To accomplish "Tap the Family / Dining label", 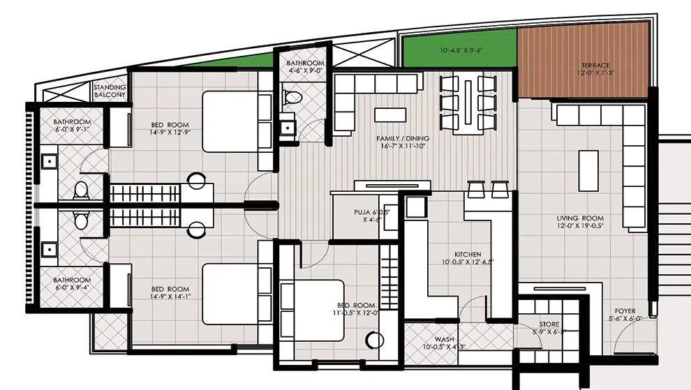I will (402, 143).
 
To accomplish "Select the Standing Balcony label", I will (110, 91).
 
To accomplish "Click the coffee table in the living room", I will (588, 171).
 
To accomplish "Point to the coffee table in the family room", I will (389, 114).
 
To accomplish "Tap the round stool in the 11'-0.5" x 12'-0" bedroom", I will (376, 340).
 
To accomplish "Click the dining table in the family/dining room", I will (466, 103).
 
